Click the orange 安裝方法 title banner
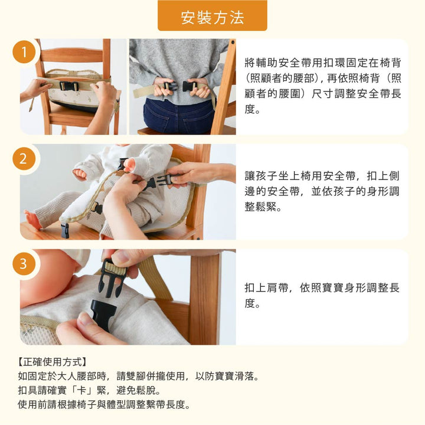212,16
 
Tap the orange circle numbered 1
24,53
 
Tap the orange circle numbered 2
24,159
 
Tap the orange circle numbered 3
24,263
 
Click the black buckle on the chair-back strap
68,86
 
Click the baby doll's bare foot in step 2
32,220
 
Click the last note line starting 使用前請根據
104,404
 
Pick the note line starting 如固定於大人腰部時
139,376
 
